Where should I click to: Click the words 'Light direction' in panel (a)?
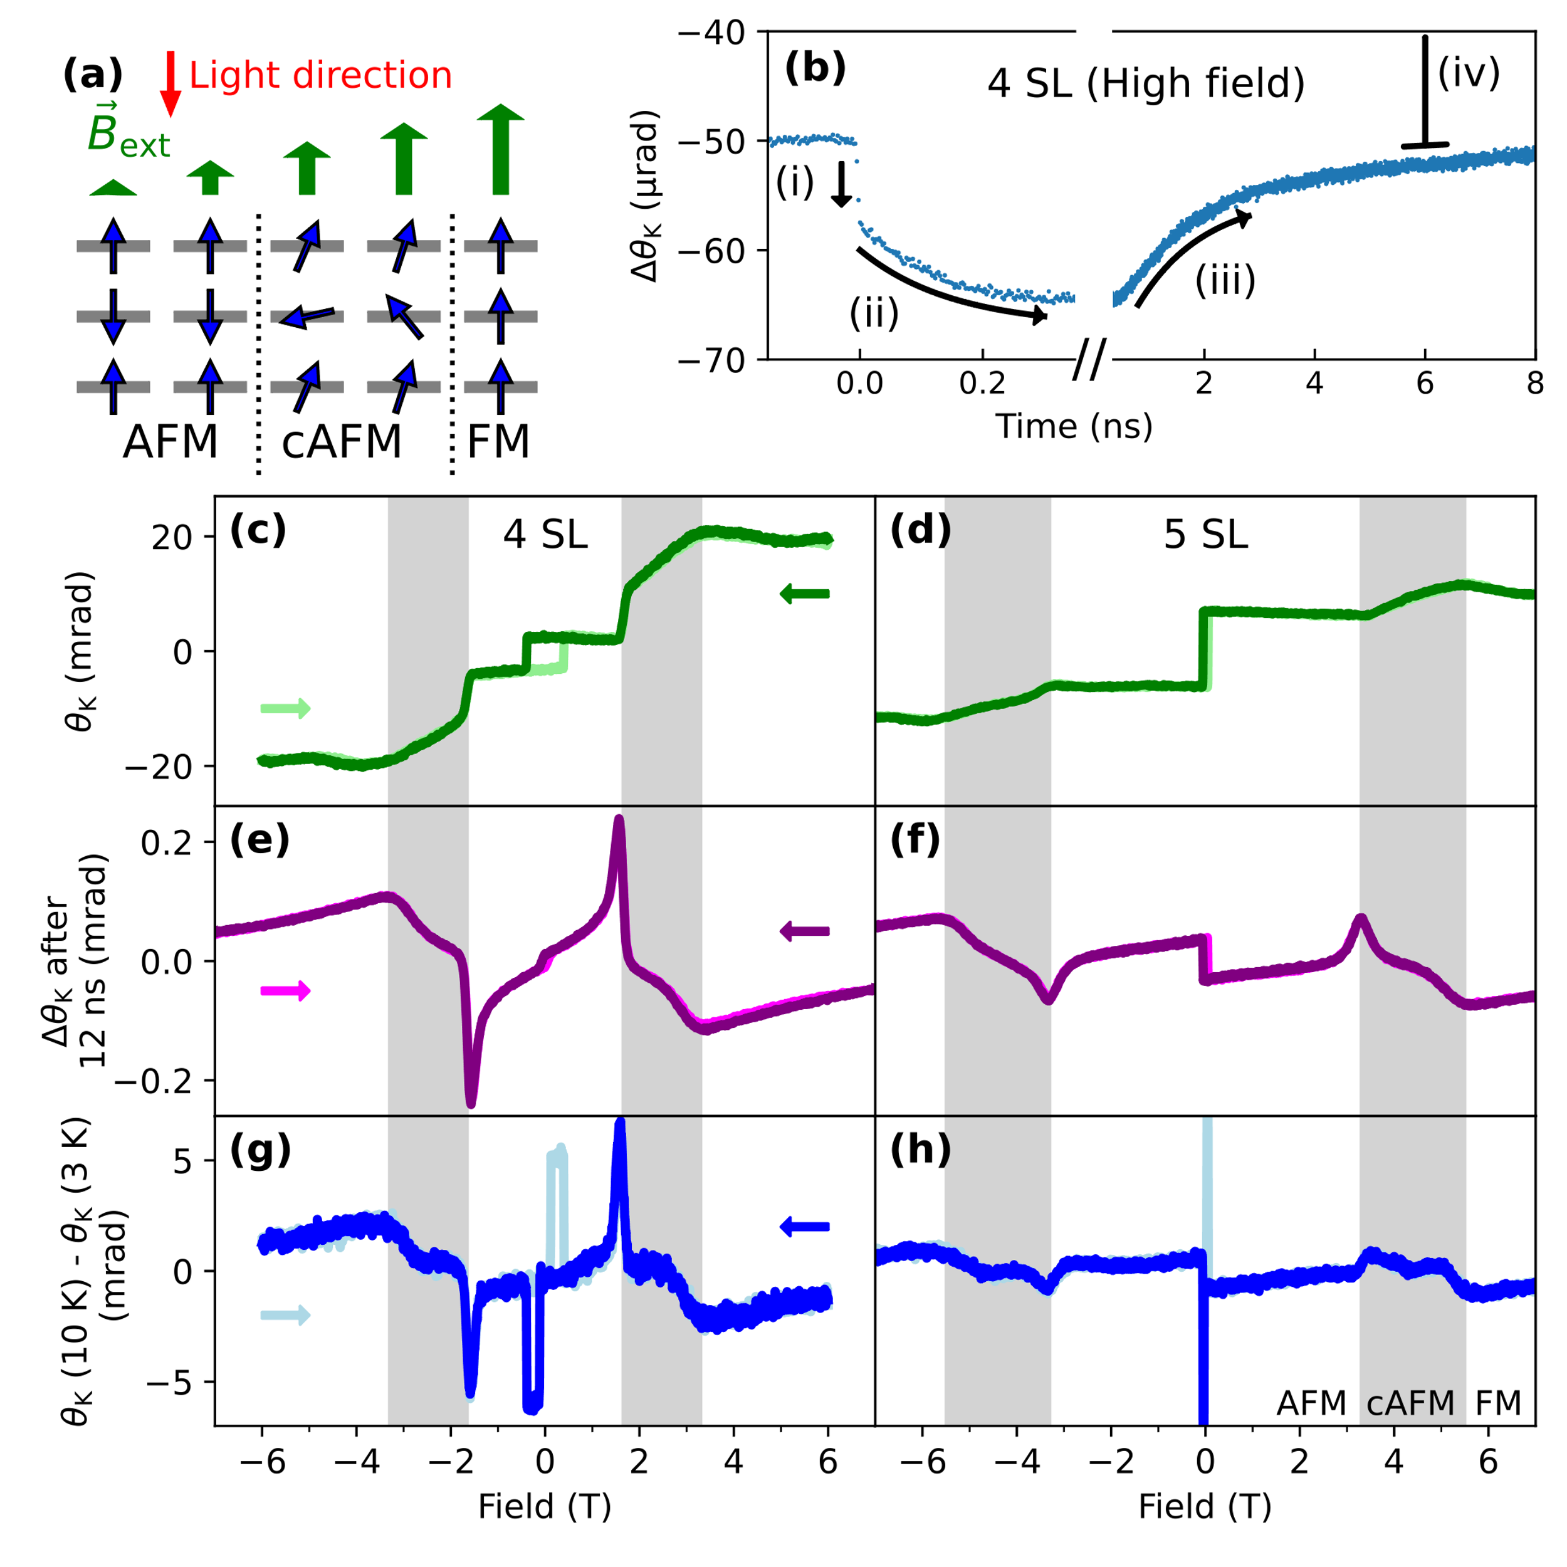(320, 75)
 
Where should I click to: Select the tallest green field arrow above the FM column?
(500, 150)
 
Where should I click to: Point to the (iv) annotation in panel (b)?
(1468, 73)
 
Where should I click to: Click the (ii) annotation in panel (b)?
(874, 312)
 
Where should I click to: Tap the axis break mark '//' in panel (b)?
(1089, 359)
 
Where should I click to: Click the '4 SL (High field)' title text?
(1145, 83)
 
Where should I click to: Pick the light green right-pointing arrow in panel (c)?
(285, 708)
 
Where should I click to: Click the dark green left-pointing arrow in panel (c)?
(805, 594)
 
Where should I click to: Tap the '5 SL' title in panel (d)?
(1205, 535)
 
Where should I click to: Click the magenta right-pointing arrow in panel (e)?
(285, 990)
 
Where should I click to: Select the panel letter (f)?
(915, 841)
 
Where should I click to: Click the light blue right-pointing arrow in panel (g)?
(285, 1316)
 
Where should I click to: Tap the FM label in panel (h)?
(1497, 1402)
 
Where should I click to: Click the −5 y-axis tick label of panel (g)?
(169, 1382)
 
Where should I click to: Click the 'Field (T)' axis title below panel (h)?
(1205, 1506)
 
